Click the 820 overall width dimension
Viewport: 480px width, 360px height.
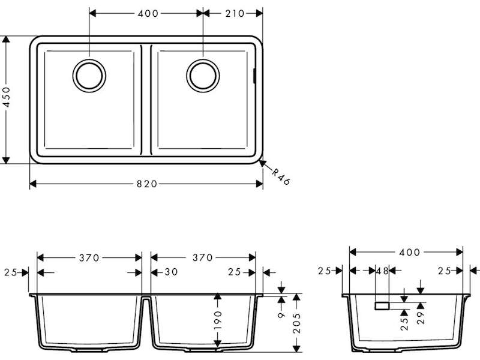pyautogui.click(x=146, y=184)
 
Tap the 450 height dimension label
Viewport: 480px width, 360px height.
pyautogui.click(x=7, y=97)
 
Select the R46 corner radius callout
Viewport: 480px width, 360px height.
pyautogui.click(x=281, y=177)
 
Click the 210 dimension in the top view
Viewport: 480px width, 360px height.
pyautogui.click(x=235, y=13)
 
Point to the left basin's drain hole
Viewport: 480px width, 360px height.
pyautogui.click(x=89, y=76)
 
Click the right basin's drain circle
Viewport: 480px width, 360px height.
pyautogui.click(x=203, y=76)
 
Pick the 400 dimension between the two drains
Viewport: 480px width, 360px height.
pyautogui.click(x=148, y=13)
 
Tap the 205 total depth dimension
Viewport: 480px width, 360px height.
pyautogui.click(x=296, y=323)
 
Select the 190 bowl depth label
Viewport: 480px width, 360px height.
pyautogui.click(x=218, y=320)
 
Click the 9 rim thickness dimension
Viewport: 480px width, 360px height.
pyautogui.click(x=281, y=314)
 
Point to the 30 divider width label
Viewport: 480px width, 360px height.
pyautogui.click(x=171, y=272)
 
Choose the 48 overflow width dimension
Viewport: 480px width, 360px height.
pyautogui.click(x=382, y=271)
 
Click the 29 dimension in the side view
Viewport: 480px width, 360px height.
pyautogui.click(x=421, y=318)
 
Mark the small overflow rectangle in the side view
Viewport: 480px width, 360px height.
pyautogui.click(x=382, y=306)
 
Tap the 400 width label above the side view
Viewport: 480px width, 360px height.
pyautogui.click(x=409, y=252)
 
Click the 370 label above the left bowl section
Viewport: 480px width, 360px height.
pyautogui.click(x=89, y=258)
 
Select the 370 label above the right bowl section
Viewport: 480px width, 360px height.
pyautogui.click(x=203, y=258)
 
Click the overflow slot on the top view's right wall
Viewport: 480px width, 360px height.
pyautogui.click(x=254, y=76)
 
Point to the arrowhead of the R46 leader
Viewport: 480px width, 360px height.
pyautogui.click(x=262, y=163)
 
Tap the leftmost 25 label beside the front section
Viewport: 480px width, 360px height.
pyautogui.click(x=11, y=272)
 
